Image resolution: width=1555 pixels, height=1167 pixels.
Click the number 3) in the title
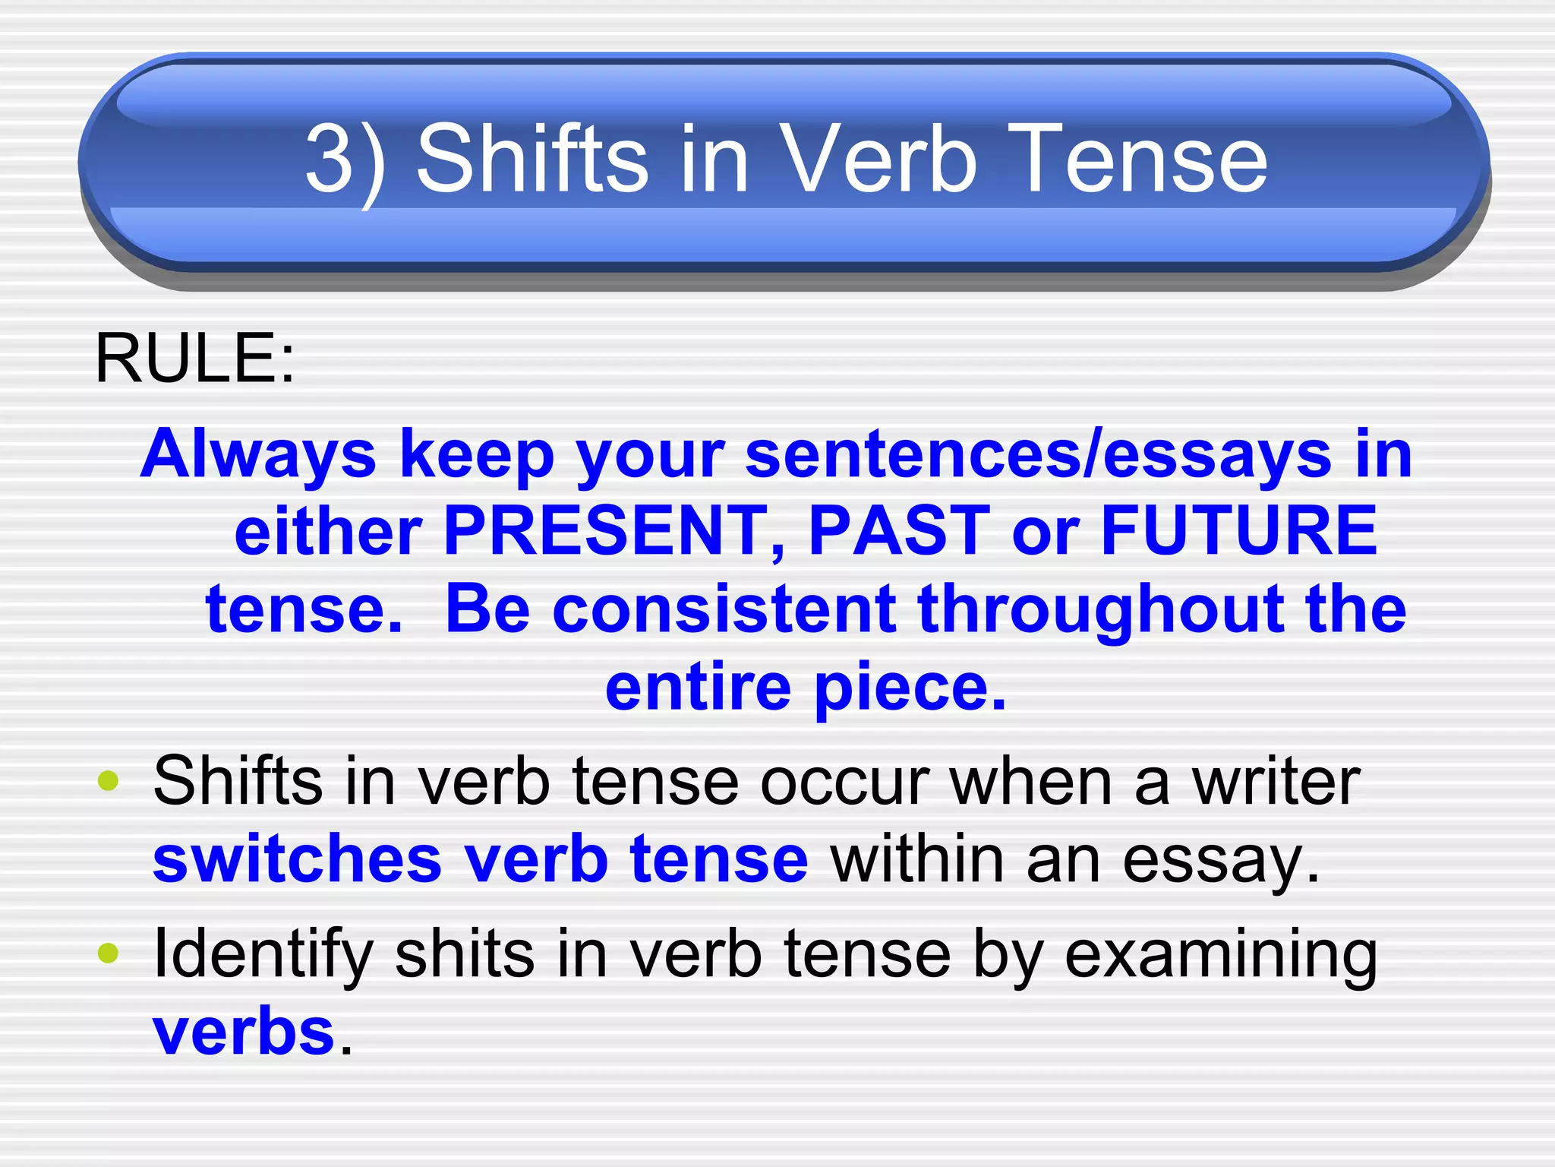(x=345, y=161)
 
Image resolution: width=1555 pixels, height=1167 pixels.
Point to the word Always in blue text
(x=259, y=454)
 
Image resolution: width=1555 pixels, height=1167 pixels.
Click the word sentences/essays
(x=1039, y=454)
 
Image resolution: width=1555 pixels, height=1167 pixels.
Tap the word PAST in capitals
(x=899, y=531)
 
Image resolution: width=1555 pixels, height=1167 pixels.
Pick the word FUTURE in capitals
(x=1239, y=531)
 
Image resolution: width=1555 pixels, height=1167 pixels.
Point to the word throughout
(x=1100, y=609)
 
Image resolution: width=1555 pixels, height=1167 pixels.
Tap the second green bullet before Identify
(x=109, y=952)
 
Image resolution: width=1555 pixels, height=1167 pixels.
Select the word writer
(x=1276, y=782)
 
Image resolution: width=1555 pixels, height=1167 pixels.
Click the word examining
(x=1221, y=955)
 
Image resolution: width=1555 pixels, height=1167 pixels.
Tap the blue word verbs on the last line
(x=244, y=1033)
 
